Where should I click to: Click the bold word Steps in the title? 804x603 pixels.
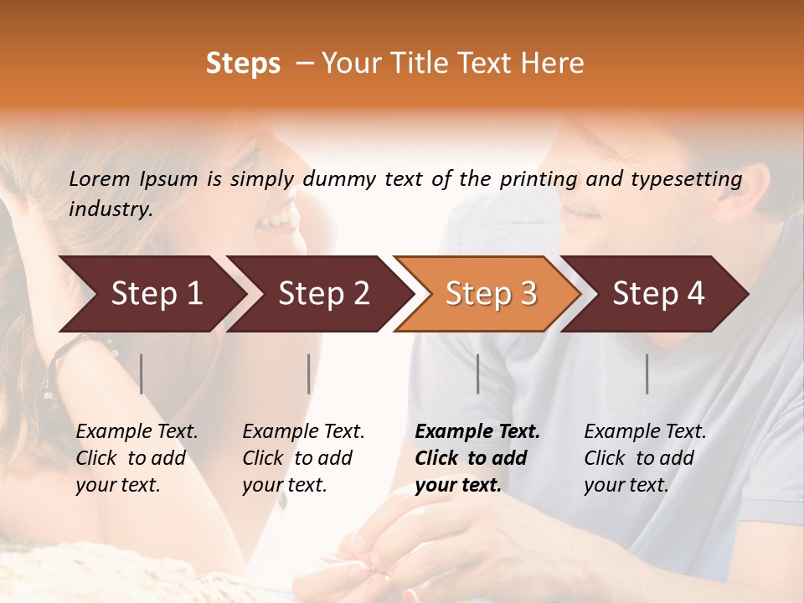point(243,64)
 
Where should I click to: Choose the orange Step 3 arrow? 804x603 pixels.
point(491,294)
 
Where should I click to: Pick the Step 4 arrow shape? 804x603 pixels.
point(658,294)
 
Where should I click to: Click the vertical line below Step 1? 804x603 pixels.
point(142,374)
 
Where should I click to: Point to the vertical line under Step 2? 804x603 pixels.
point(309,374)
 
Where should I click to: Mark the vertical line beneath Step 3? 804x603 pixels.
point(477,374)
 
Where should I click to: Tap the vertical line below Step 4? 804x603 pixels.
point(647,374)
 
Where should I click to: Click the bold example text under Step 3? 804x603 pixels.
point(477,458)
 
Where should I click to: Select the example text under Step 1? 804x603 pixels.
point(137,458)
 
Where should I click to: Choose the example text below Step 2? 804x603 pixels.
point(303,458)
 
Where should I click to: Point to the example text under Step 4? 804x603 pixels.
point(645,458)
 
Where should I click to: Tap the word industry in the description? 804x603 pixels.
point(111,209)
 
